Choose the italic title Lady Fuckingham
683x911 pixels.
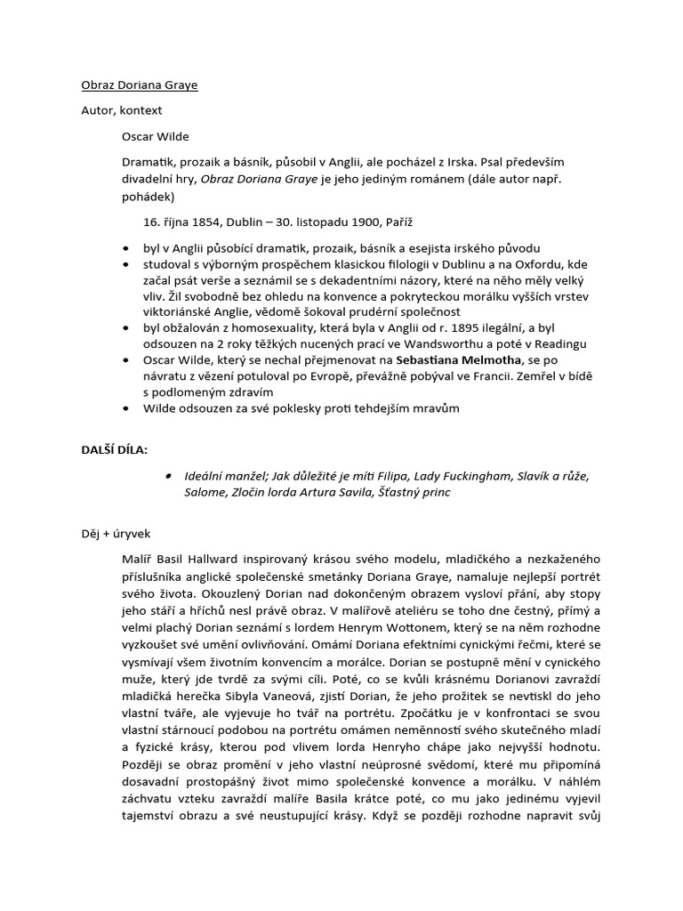[458, 477]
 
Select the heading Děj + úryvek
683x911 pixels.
[116, 533]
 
